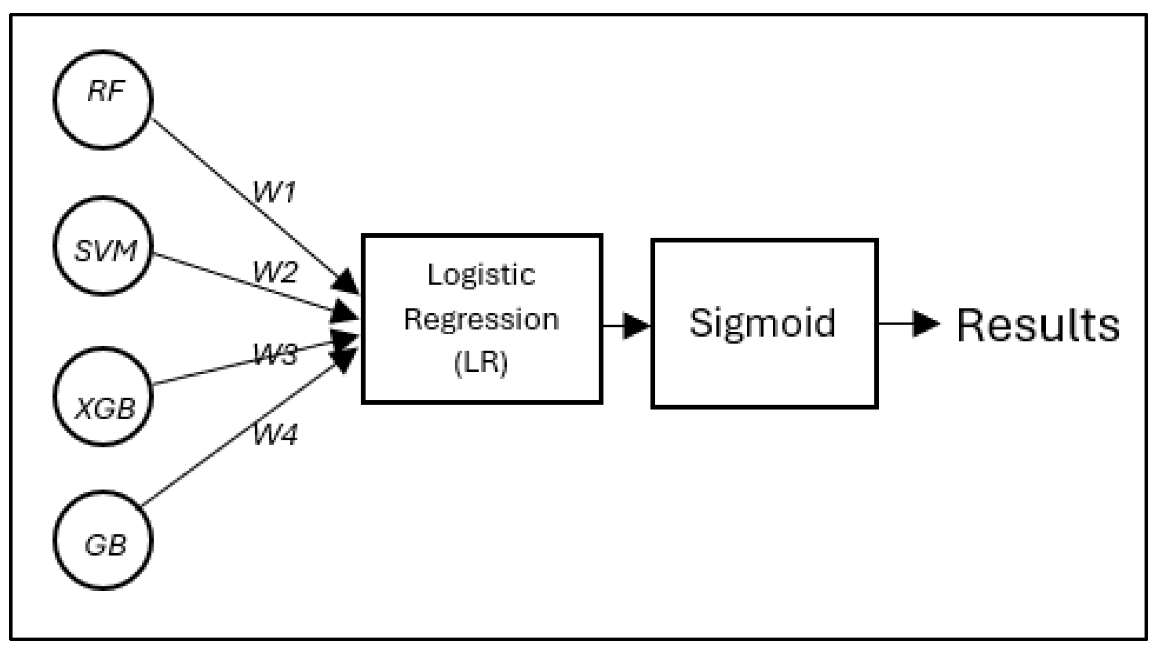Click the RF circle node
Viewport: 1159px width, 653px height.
103,100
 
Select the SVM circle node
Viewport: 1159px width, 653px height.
103,246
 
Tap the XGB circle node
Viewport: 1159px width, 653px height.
103,396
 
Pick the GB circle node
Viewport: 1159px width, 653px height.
103,540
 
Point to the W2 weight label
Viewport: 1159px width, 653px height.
275,272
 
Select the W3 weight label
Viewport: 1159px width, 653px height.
275,355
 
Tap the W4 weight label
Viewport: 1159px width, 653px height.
275,434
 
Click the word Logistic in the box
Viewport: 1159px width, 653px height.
481,275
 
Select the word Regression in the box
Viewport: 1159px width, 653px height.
481,320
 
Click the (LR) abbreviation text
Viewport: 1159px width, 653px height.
481,363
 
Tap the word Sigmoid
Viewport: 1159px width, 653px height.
763,323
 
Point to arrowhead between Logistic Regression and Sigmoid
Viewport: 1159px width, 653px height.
636,326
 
